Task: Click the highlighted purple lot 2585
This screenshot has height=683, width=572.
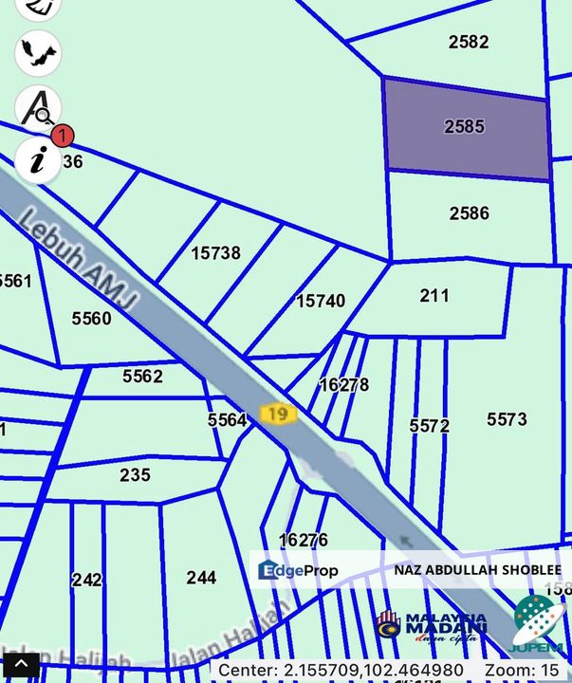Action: tap(465, 128)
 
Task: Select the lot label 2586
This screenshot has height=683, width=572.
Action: tap(469, 212)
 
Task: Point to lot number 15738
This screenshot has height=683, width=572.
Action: tap(215, 253)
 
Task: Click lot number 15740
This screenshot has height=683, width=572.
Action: tap(321, 301)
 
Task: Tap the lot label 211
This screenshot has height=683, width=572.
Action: tap(434, 296)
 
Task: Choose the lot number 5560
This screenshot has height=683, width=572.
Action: tap(92, 319)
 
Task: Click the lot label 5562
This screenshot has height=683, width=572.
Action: tap(142, 377)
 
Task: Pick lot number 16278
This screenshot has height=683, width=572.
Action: tap(343, 385)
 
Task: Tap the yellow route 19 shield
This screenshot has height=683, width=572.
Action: tap(277, 414)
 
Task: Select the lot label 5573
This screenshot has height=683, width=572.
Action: tap(507, 419)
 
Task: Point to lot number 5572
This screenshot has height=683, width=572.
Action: tap(429, 426)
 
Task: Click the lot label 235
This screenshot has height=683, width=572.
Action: tap(135, 474)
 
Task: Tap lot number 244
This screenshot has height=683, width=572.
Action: tap(201, 577)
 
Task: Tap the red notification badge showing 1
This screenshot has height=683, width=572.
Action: tap(62, 136)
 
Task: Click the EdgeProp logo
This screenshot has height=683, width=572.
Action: tap(298, 570)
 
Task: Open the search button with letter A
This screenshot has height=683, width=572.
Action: tap(38, 107)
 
